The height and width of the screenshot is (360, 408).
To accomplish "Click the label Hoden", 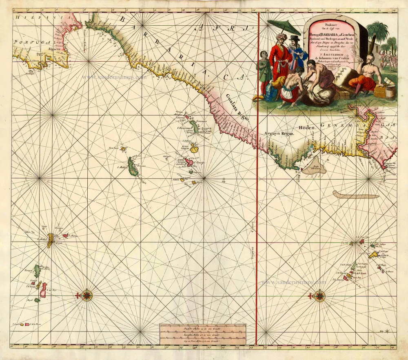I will pyautogui.click(x=308, y=128).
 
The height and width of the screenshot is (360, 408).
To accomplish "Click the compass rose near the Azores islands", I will pyautogui.click(x=86, y=295).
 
